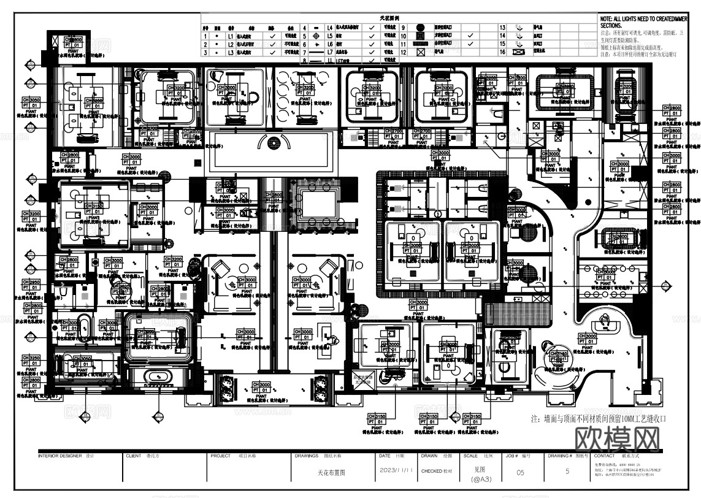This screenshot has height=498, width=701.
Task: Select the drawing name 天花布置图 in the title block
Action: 332,473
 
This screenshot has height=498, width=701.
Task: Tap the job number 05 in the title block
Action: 521,472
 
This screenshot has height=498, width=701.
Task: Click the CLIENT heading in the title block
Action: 134,456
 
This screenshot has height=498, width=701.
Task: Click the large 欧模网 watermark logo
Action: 618,440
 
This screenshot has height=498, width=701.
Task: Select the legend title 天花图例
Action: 389,19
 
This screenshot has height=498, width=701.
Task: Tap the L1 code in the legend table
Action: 231,36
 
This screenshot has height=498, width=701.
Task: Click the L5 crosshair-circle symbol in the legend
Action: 316,36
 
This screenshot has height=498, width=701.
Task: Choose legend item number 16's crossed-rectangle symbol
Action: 519,53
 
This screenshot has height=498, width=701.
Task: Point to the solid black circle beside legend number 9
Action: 420,28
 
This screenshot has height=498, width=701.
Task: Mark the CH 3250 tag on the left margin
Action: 32,358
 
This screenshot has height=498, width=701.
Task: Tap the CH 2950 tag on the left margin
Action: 32,282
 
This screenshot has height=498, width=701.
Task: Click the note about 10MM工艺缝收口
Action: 598,419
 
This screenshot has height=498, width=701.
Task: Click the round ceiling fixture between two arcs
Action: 270,142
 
